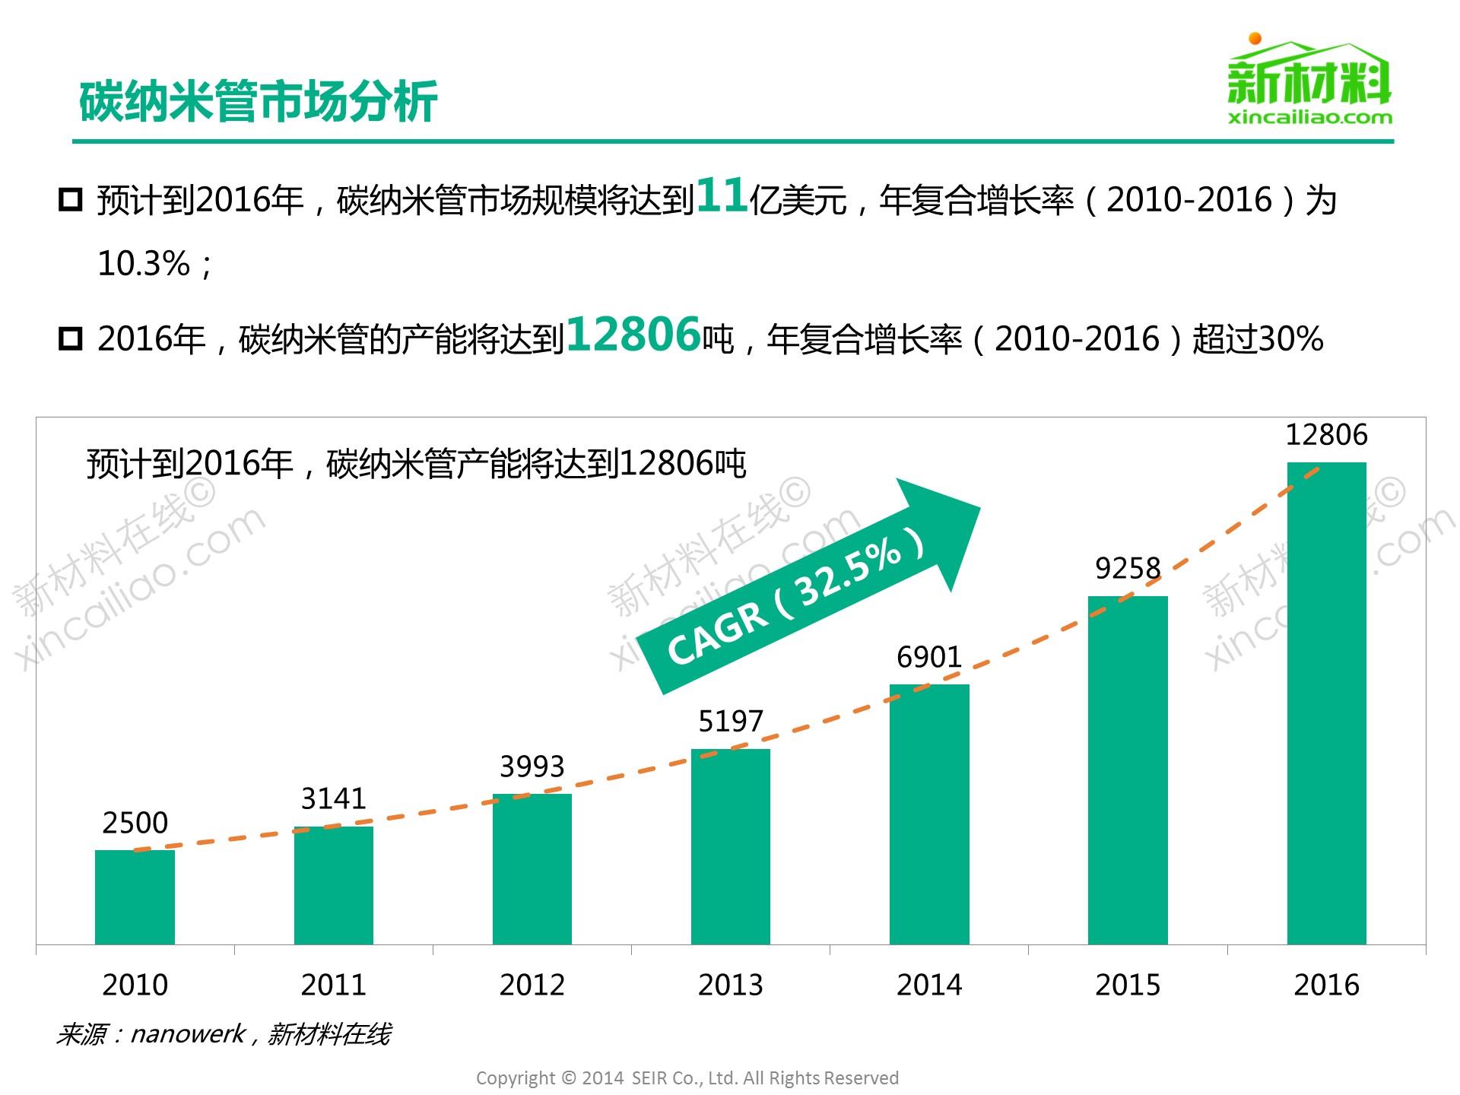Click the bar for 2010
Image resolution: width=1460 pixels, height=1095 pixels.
135,897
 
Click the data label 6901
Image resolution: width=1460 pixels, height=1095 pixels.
928,657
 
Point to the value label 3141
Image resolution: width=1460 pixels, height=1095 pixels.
333,798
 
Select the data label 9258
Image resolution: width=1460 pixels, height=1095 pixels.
1128,568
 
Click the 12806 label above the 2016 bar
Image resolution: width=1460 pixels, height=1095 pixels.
1326,435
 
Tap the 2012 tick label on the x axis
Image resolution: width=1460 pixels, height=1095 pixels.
532,985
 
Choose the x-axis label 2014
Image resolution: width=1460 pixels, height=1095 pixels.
928,985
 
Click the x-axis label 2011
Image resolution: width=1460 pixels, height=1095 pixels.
333,985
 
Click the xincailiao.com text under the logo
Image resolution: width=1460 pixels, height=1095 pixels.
1309,118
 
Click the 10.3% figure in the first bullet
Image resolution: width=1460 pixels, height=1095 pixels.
143,264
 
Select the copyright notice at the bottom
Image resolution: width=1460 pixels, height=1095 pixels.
687,1078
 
